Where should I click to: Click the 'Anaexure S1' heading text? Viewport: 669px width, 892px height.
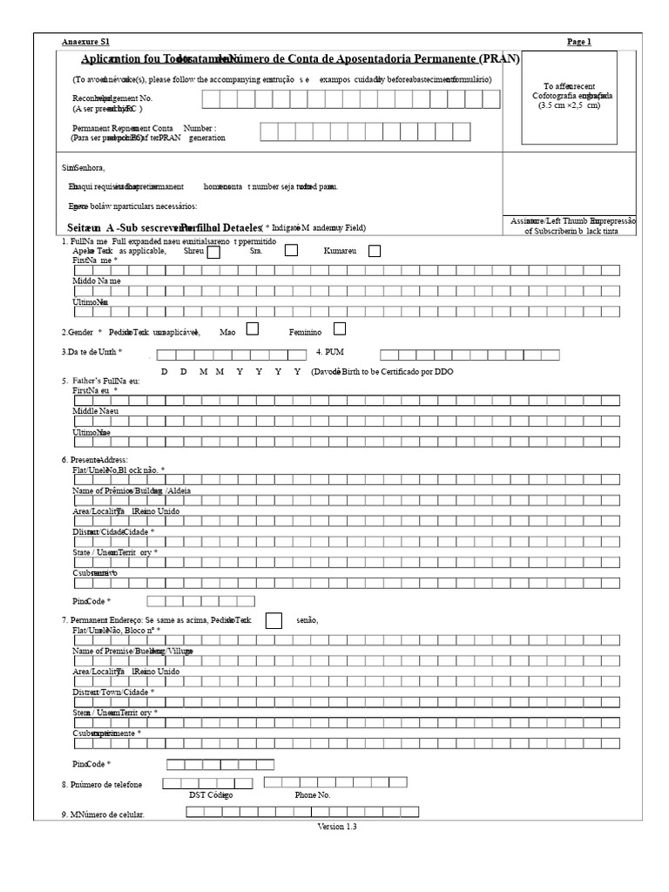(86, 42)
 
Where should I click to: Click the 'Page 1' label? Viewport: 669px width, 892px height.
(578, 42)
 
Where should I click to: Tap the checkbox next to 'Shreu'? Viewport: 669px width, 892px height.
(213, 252)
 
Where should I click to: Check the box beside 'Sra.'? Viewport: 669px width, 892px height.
(292, 251)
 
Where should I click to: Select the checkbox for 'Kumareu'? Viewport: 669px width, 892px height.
(374, 252)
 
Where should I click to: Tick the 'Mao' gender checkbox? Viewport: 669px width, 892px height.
(253, 329)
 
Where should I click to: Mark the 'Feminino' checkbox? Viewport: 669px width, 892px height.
(340, 329)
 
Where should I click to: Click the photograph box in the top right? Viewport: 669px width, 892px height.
(570, 98)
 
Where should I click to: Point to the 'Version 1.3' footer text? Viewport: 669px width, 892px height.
(337, 827)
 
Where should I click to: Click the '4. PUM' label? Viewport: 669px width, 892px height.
(330, 353)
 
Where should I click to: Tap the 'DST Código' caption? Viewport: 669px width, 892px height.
(211, 795)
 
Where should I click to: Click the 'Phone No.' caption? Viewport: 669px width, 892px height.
(313, 795)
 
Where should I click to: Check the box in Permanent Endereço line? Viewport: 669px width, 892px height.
(274, 620)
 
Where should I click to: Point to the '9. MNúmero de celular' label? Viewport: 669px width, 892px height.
(103, 814)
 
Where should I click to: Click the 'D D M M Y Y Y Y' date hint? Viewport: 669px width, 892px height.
(231, 371)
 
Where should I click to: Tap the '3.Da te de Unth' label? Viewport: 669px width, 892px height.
(91, 352)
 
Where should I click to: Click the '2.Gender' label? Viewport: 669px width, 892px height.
(82, 332)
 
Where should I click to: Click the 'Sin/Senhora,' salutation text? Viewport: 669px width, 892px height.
(83, 167)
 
